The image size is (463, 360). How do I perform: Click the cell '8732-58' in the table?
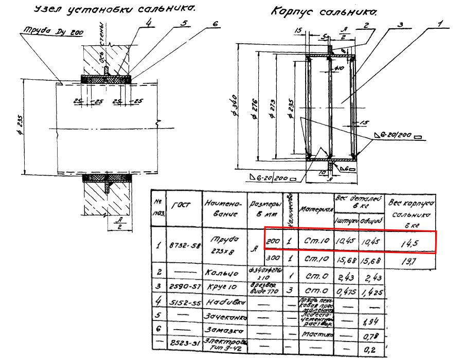pyautogui.click(x=185, y=246)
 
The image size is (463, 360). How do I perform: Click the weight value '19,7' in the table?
pyautogui.click(x=409, y=260)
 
